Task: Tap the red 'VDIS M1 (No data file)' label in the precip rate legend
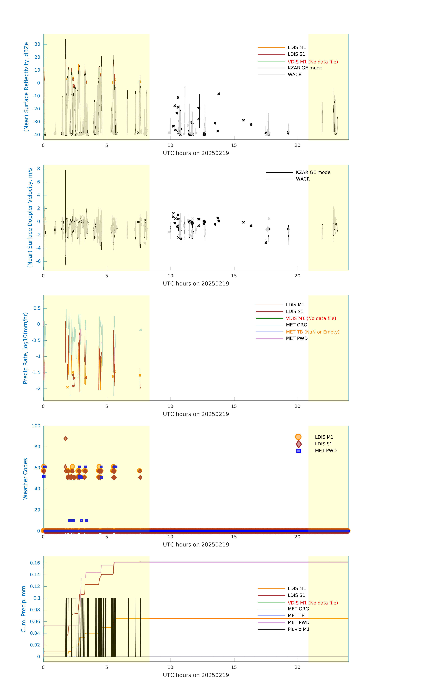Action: (311, 318)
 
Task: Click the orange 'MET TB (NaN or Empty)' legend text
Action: (312, 332)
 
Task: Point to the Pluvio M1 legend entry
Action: (298, 629)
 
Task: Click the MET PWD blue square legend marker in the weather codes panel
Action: (299, 451)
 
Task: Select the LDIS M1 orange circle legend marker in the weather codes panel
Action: (298, 437)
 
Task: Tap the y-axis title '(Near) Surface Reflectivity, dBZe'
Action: (26, 87)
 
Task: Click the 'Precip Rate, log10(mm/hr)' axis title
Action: (25, 348)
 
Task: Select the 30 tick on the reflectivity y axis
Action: (37, 44)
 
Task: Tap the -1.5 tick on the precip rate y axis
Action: (36, 372)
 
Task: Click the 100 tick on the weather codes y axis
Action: (36, 426)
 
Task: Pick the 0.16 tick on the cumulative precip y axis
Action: (35, 563)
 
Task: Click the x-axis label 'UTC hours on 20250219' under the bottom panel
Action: (196, 675)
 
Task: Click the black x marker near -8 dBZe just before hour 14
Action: (219, 94)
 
